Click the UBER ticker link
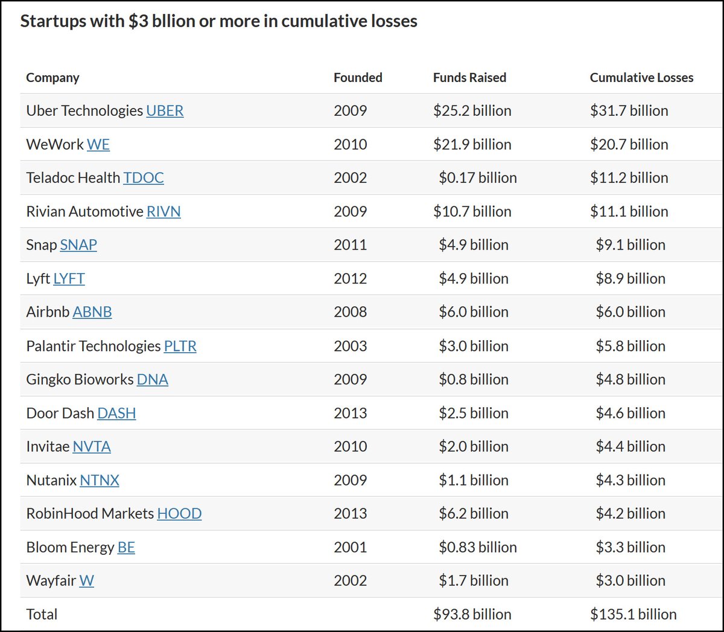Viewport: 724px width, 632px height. pyautogui.click(x=165, y=111)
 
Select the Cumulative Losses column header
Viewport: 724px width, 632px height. pyautogui.click(x=641, y=78)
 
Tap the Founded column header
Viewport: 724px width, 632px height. pyautogui.click(x=358, y=78)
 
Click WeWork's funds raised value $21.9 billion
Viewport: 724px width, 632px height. pyautogui.click(x=472, y=145)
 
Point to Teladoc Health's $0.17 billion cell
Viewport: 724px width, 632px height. pyautogui.click(x=477, y=178)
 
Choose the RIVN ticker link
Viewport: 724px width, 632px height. pyautogui.click(x=164, y=212)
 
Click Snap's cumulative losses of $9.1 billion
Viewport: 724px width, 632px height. pyautogui.click(x=630, y=245)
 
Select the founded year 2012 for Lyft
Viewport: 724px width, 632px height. pyautogui.click(x=350, y=279)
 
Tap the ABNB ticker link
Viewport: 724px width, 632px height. pyautogui.click(x=92, y=312)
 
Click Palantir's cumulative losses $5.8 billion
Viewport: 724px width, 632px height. pyautogui.click(x=630, y=346)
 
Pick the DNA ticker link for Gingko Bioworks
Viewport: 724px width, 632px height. pyautogui.click(x=153, y=380)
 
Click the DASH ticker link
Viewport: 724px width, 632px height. pyautogui.click(x=116, y=414)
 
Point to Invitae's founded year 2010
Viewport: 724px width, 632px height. pyautogui.click(x=350, y=447)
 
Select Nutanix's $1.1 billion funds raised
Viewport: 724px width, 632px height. pyautogui.click(x=473, y=481)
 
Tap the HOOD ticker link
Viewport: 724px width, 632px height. pyautogui.click(x=179, y=514)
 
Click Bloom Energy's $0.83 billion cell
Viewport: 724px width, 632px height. pyautogui.click(x=477, y=548)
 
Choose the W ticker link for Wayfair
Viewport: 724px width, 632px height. pyautogui.click(x=86, y=581)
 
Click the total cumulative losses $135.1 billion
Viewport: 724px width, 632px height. pyautogui.click(x=633, y=615)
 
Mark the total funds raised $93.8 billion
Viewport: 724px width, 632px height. pyautogui.click(x=472, y=615)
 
